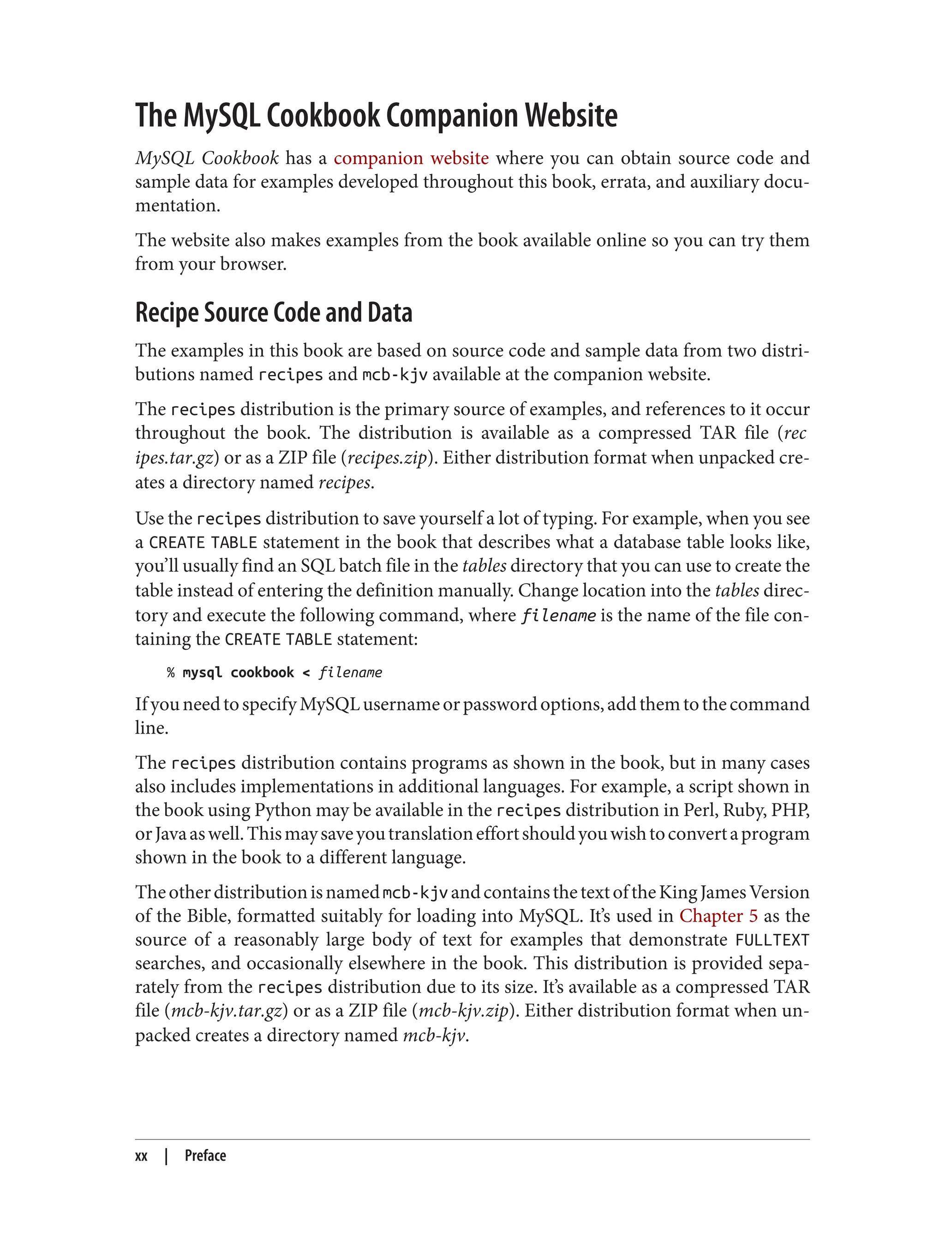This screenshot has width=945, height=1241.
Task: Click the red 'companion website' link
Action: (411, 158)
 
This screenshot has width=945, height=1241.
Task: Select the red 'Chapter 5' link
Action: (718, 916)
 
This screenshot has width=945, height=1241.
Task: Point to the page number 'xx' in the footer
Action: (141, 1156)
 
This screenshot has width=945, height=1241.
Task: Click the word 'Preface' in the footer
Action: (205, 1156)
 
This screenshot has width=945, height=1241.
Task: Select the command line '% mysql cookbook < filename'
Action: (274, 673)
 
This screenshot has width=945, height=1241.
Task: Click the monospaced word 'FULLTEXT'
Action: (772, 940)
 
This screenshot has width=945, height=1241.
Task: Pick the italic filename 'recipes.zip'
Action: (388, 458)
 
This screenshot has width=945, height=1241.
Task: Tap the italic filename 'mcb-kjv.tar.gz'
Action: (227, 1011)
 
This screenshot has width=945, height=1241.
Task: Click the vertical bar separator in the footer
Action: (167, 1156)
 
